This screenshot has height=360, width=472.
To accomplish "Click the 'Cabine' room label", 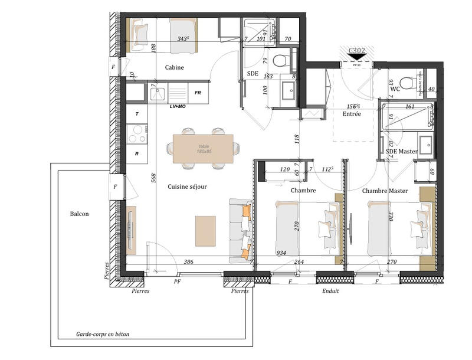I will [x=174, y=67].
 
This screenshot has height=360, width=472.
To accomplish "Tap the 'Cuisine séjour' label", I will [x=187, y=186].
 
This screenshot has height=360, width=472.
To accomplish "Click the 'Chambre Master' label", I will [x=384, y=191].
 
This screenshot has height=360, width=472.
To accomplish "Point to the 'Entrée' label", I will [x=352, y=114].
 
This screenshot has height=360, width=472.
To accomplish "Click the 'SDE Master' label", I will [x=402, y=152].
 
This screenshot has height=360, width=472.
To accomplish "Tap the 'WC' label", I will [x=395, y=89].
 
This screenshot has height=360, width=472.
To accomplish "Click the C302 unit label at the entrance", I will [x=356, y=51].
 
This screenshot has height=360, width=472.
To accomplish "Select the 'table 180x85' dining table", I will [x=203, y=149].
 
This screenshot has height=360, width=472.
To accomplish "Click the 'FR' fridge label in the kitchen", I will [x=198, y=93].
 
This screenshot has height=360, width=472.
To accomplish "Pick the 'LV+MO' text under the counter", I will [x=178, y=107].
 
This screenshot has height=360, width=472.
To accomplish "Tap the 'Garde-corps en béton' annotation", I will [x=102, y=334].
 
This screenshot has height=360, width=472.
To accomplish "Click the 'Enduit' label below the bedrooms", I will [x=330, y=291].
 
